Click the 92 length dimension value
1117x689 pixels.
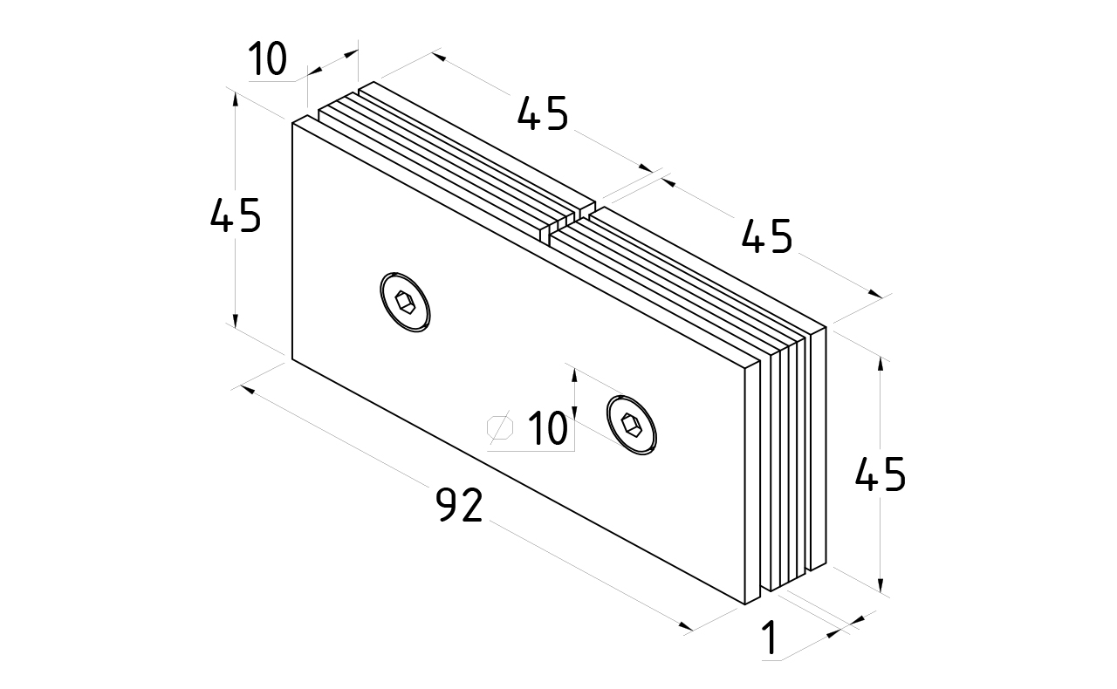pos(459,505)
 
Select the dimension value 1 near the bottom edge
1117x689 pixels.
pos(770,638)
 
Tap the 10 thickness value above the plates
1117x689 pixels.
pos(267,60)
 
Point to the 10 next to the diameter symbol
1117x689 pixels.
pos(547,429)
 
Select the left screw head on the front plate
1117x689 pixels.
pos(407,302)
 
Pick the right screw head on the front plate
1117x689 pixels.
pos(632,426)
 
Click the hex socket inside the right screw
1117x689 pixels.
pos(632,426)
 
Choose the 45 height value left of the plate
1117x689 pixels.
pos(236,215)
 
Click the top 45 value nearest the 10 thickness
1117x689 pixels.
pos(543,113)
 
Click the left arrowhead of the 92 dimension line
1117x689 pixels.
pos(246,390)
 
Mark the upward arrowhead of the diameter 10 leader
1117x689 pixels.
pos(574,373)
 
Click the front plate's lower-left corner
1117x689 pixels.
pos(291,357)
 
